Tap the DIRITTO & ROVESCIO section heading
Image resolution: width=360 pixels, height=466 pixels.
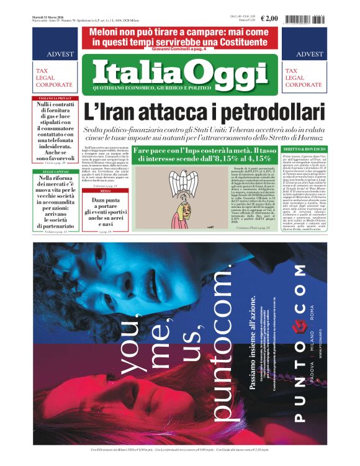click(304, 150)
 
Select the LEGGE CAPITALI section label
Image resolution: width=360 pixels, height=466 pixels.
click(52, 153)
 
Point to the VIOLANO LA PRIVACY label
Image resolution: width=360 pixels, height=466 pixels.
click(52, 98)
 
